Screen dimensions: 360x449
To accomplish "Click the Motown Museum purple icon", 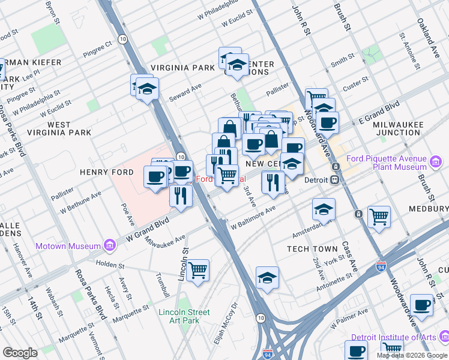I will (x=109, y=246).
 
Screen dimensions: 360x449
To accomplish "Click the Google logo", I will (x=20, y=352).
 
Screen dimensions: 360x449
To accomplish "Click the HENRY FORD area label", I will (x=105, y=172).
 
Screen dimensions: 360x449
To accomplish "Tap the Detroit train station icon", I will (x=335, y=180).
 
